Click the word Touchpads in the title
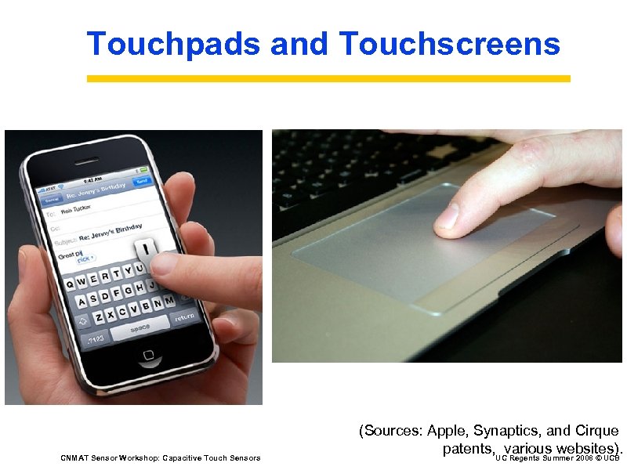point(174,44)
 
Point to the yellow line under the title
point(328,79)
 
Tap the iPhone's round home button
point(149,356)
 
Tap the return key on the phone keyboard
point(185,317)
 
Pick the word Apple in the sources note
point(446,431)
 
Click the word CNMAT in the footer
point(74,457)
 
